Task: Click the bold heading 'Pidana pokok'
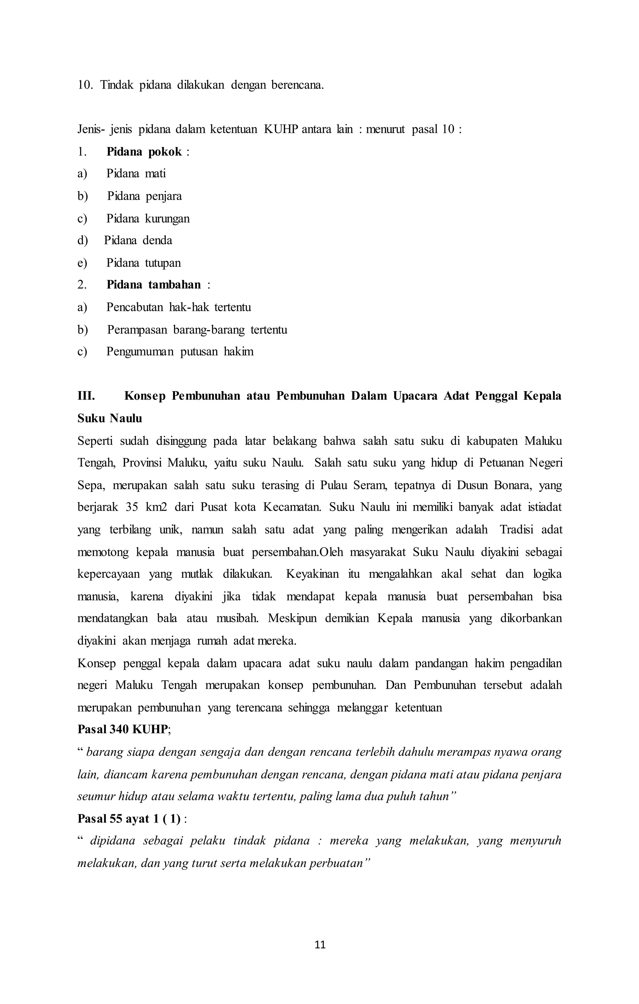tap(144, 152)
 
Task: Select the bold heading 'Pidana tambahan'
tap(154, 285)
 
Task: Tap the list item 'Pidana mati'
tap(136, 174)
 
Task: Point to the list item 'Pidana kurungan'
tap(148, 218)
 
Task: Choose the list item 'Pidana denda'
tap(138, 241)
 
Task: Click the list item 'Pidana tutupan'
tap(144, 263)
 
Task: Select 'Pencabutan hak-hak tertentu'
tap(178, 307)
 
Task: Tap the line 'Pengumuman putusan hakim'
tap(180, 351)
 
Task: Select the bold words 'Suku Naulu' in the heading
tap(110, 418)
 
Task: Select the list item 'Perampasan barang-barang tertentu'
tap(197, 330)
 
